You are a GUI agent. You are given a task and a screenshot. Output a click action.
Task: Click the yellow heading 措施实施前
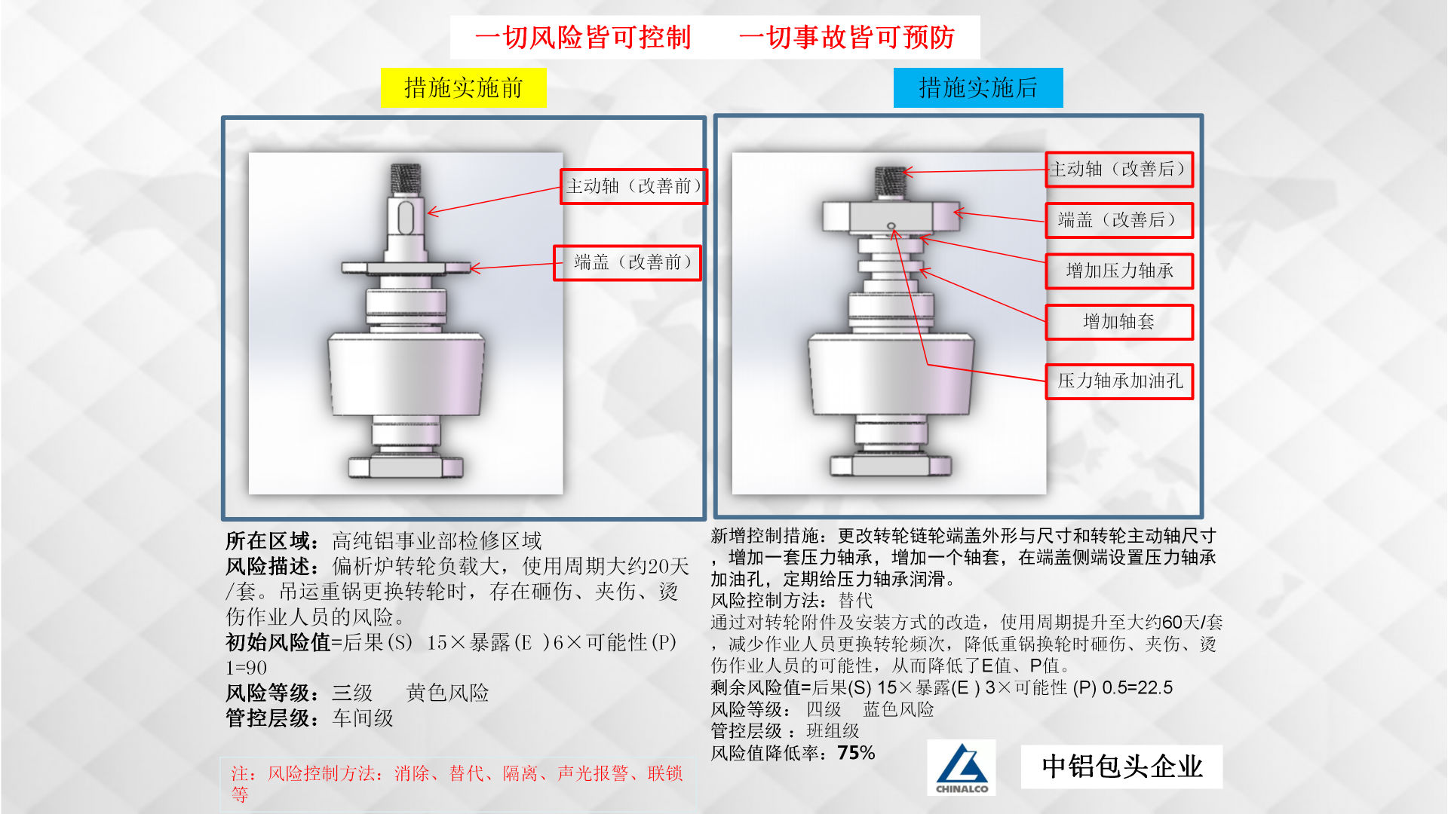[x=463, y=87]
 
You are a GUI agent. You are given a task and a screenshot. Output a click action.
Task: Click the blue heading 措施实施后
[x=978, y=87]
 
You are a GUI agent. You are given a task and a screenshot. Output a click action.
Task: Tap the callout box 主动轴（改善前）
[x=633, y=186]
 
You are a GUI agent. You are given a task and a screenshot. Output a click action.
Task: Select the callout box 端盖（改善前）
[x=627, y=262]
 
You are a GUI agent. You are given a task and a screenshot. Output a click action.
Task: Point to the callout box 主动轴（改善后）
[x=1119, y=170]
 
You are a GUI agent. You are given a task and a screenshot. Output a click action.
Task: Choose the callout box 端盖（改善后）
[x=1119, y=220]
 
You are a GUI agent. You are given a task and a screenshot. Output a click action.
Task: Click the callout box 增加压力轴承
[x=1119, y=271]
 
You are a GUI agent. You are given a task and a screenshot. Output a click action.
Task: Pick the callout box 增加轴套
[x=1119, y=322]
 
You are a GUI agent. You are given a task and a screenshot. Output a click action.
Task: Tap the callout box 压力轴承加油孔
[x=1119, y=381]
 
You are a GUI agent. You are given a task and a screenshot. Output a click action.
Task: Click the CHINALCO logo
[x=962, y=767]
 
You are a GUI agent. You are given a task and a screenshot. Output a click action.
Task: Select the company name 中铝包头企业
[x=1121, y=767]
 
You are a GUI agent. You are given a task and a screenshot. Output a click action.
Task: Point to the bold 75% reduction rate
[x=856, y=753]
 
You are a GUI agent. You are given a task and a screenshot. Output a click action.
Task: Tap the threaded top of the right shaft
[x=889, y=183]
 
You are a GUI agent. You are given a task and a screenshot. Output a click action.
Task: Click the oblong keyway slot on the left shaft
[x=405, y=218]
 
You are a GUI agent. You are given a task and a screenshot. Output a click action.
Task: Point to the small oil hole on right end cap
[x=891, y=226]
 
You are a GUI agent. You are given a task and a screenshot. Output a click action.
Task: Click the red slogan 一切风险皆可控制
[x=583, y=37]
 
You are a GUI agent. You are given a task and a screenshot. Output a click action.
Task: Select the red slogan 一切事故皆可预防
[x=847, y=37]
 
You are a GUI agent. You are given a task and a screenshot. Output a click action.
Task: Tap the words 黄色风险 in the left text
[x=447, y=693]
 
